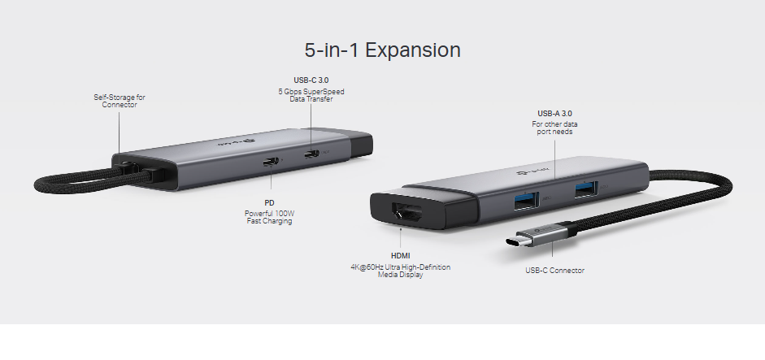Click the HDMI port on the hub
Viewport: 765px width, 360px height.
[407, 213]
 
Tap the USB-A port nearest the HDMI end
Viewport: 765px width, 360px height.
[525, 201]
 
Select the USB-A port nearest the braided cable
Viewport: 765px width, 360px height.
[585, 189]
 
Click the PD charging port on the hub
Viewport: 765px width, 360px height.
[271, 161]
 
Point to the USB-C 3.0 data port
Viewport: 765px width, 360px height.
[311, 154]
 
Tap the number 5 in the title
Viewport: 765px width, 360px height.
[310, 50]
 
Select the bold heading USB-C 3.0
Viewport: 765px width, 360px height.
[311, 80]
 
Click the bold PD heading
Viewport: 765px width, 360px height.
[269, 203]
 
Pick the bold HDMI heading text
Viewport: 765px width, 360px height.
[401, 256]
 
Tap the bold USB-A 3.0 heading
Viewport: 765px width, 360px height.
[554, 114]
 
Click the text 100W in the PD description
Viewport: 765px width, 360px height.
[284, 214]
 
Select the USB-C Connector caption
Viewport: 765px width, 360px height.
[554, 271]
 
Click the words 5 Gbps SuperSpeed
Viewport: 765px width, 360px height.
[311, 92]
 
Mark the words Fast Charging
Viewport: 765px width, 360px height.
[269, 221]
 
